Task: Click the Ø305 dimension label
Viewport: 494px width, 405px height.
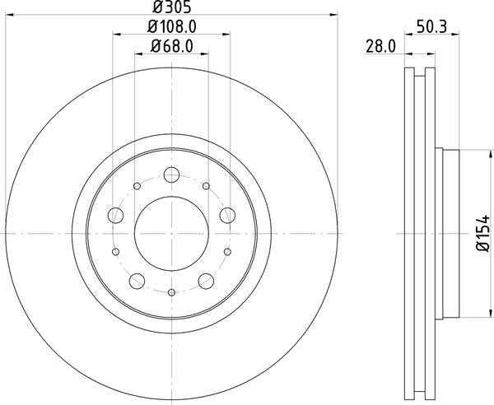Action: (x=172, y=8)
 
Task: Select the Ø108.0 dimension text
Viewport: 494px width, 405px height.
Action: (x=172, y=28)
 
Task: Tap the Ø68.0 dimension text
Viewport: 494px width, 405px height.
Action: (x=172, y=47)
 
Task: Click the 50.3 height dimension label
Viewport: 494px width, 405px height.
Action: (x=431, y=28)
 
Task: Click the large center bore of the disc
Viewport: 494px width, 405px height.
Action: (x=171, y=234)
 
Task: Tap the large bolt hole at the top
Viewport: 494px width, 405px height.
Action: (x=171, y=175)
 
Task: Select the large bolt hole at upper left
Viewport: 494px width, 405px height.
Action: (x=115, y=216)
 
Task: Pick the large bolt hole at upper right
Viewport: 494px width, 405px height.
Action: (x=228, y=216)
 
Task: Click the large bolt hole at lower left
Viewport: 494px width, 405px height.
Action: (x=137, y=281)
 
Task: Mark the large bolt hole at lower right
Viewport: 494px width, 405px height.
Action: (x=207, y=281)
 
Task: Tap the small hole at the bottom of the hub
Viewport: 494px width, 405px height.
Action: (x=171, y=293)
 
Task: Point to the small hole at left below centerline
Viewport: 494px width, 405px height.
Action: (x=115, y=252)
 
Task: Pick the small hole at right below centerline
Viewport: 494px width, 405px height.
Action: (x=228, y=252)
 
